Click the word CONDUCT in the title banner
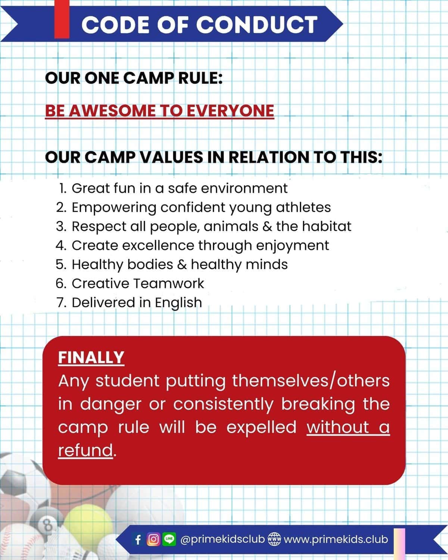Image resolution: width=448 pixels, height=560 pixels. pos(257,25)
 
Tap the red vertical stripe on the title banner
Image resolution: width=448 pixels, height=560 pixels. pos(62,19)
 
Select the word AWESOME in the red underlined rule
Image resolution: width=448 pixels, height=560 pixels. pos(112,111)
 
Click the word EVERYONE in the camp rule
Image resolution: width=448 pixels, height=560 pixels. pos(230,111)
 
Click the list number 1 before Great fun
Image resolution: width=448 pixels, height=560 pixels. pos(62,188)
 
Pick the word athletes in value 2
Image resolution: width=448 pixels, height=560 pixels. pos(303,208)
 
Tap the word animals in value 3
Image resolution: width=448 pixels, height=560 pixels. pos(231,226)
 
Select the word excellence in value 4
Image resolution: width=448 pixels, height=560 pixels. pos(158,245)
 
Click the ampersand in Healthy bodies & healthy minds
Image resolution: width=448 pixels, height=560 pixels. pos(182,264)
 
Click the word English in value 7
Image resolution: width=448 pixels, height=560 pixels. pos(178,303)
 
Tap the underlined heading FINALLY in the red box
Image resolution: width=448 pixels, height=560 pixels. pos(91,358)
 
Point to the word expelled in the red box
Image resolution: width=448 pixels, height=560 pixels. pos(261,427)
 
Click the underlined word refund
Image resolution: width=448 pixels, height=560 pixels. pos(85,451)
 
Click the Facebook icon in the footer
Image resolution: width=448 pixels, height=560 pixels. pos(138,540)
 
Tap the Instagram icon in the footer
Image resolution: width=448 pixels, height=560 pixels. pos(153,539)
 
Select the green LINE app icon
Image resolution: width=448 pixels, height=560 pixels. pos(169,539)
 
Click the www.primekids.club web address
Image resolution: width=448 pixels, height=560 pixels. pos(336,539)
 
